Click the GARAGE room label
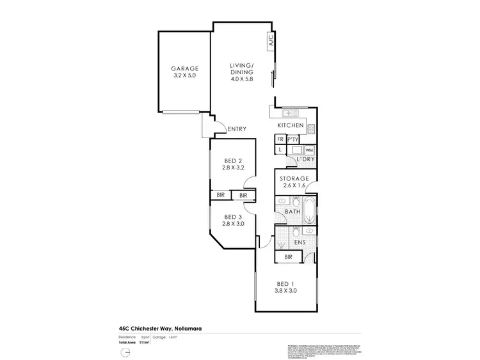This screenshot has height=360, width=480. pyautogui.click(x=184, y=68)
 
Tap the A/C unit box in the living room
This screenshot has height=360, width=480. pyautogui.click(x=271, y=41)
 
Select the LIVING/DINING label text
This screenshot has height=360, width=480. pyautogui.click(x=242, y=68)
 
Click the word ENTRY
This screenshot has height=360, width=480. pyautogui.click(x=237, y=130)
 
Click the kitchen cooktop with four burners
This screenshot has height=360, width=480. pyautogui.click(x=312, y=129)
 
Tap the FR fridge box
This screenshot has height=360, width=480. pyautogui.click(x=280, y=139)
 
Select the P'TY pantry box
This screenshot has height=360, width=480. pyautogui.click(x=294, y=139)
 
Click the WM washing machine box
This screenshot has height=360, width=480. pyautogui.click(x=308, y=150)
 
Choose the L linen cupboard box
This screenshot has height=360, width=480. pyautogui.click(x=280, y=150)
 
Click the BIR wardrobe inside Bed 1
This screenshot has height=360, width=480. pyautogui.click(x=288, y=257)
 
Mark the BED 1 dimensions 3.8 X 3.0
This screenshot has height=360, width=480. pyautogui.click(x=285, y=291)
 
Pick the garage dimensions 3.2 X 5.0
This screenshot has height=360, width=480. pyautogui.click(x=184, y=76)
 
